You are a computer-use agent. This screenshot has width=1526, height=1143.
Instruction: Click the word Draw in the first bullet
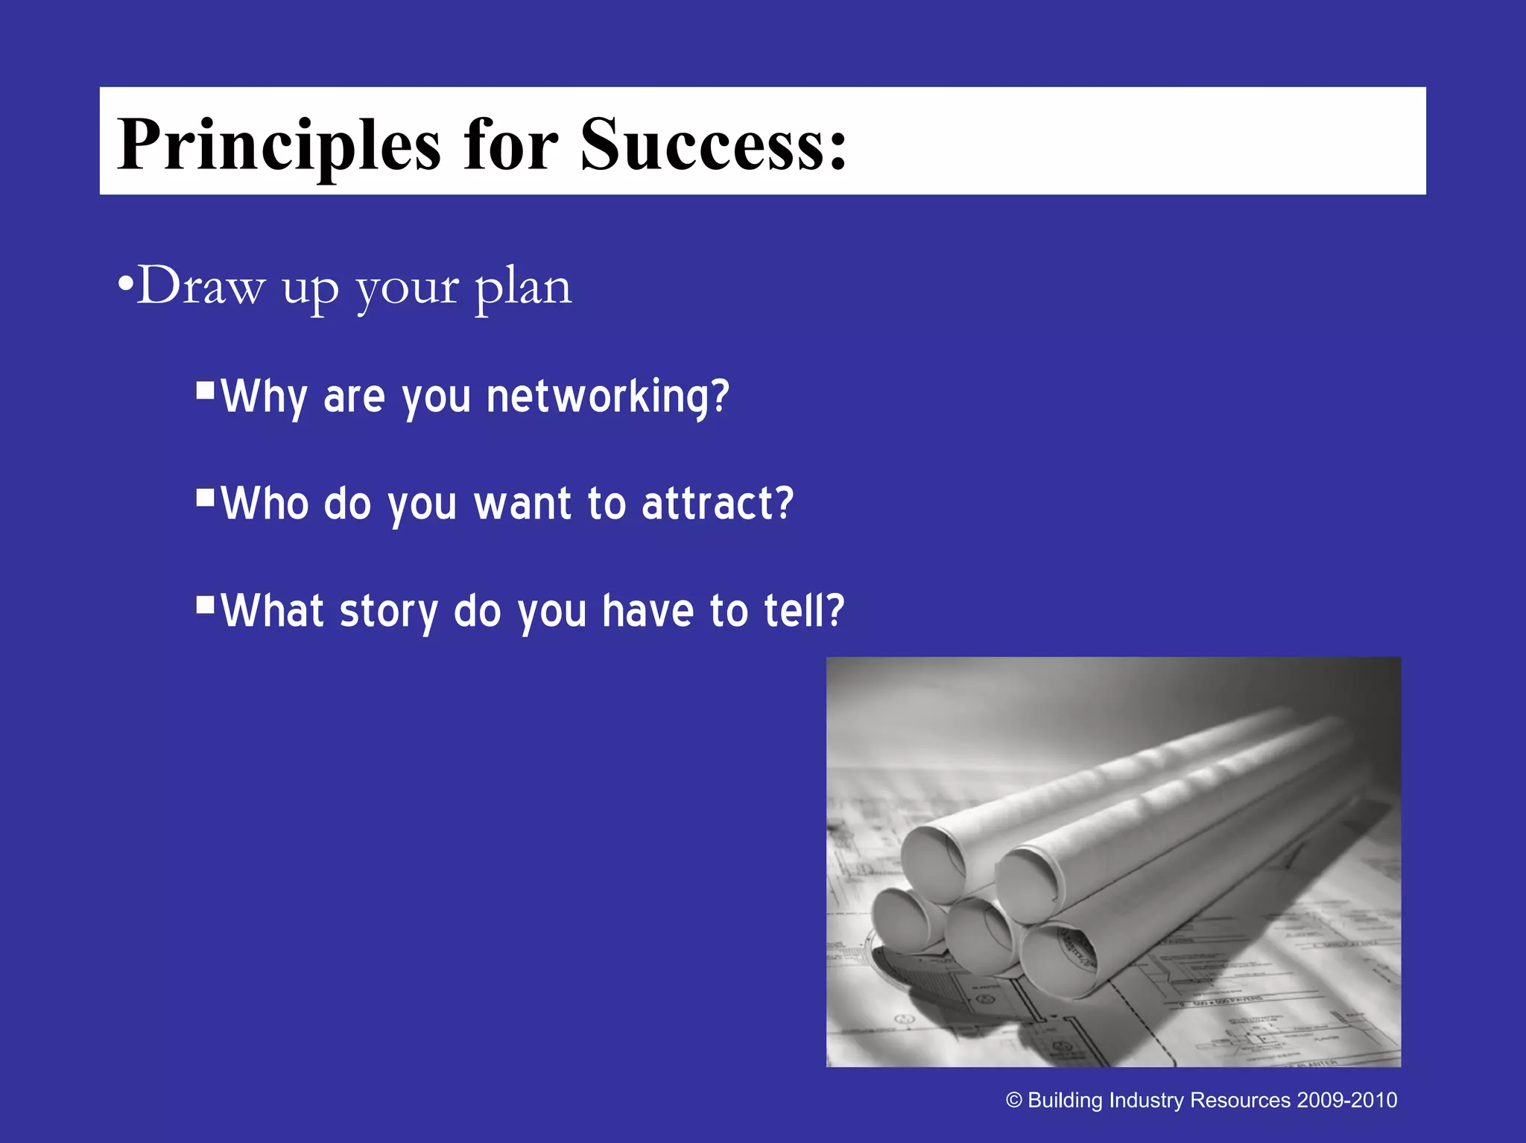tap(200, 286)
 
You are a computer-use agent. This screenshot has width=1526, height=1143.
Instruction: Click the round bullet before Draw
tap(125, 285)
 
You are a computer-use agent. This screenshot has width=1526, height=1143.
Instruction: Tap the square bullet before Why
tap(206, 390)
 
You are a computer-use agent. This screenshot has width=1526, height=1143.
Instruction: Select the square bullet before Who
tap(206, 498)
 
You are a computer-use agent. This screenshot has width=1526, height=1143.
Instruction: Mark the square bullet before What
tap(206, 604)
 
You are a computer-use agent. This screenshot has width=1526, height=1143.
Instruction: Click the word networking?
tap(607, 396)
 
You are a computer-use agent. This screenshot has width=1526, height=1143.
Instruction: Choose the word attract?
tap(718, 504)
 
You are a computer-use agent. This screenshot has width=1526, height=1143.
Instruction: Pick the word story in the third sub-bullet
tap(388, 612)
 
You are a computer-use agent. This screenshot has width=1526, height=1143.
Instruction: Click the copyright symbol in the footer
tap(1013, 1101)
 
